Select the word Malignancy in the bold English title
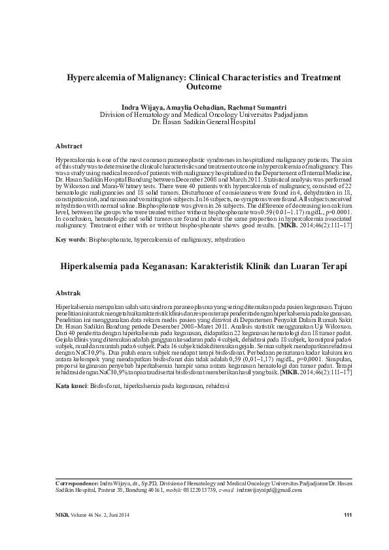point(168,76)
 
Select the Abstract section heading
point(69,146)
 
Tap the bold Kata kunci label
point(71,386)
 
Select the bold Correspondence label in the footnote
point(81,483)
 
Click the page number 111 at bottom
point(348,515)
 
